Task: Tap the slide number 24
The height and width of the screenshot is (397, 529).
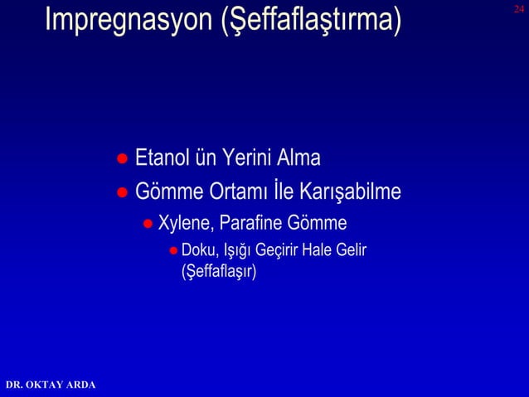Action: click(519, 8)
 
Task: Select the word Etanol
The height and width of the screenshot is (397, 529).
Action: click(163, 157)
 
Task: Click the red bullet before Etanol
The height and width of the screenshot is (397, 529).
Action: click(121, 158)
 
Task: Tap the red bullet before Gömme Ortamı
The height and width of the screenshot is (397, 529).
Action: click(121, 193)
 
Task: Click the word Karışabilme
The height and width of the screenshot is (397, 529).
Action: click(352, 192)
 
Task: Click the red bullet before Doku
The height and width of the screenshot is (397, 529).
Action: click(173, 251)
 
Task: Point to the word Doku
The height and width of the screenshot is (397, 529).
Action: click(196, 250)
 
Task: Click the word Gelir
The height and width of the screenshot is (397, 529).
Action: click(352, 250)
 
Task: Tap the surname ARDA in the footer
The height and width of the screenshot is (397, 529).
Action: click(82, 385)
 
